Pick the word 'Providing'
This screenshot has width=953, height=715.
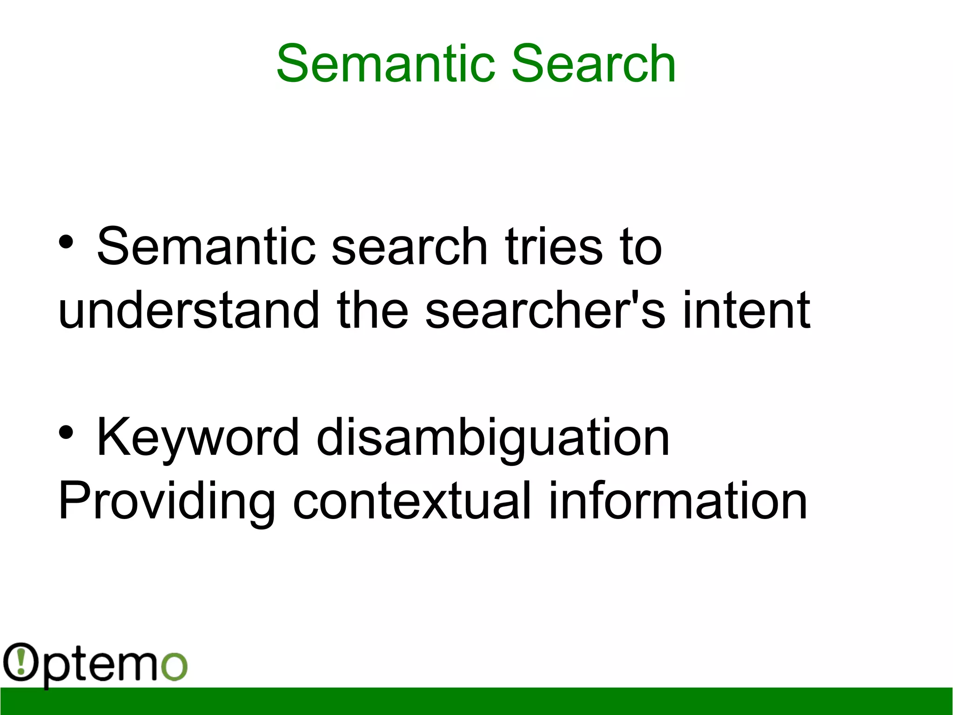(x=167, y=502)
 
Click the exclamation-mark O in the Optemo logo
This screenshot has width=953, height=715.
(x=20, y=661)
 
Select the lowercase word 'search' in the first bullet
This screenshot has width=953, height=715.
(x=409, y=246)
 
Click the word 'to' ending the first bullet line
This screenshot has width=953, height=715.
(x=640, y=246)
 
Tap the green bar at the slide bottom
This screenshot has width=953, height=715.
(x=476, y=701)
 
